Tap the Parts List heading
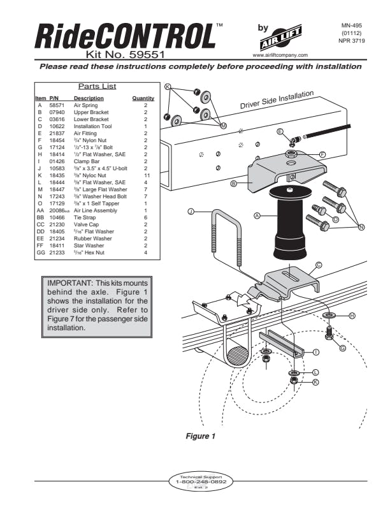click(x=97, y=86)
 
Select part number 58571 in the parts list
click(x=57, y=105)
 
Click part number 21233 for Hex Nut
click(x=57, y=253)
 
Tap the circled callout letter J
click(x=191, y=211)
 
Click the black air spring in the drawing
click(x=291, y=223)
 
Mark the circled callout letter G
click(x=343, y=348)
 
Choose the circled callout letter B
click(x=235, y=184)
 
